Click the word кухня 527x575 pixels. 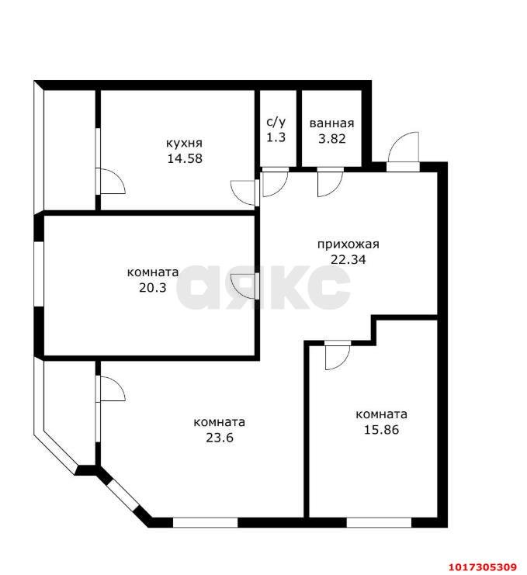[184, 143]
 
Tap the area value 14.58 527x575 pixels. [185, 158]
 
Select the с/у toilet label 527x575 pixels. [276, 122]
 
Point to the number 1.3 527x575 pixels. [276, 137]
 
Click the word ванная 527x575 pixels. [332, 123]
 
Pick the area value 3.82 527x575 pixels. [332, 139]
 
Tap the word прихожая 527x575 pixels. [348, 244]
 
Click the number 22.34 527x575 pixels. [348, 260]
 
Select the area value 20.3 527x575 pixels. [153, 287]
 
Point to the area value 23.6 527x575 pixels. [220, 438]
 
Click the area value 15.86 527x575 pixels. [381, 429]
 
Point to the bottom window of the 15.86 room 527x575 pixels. [379, 522]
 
